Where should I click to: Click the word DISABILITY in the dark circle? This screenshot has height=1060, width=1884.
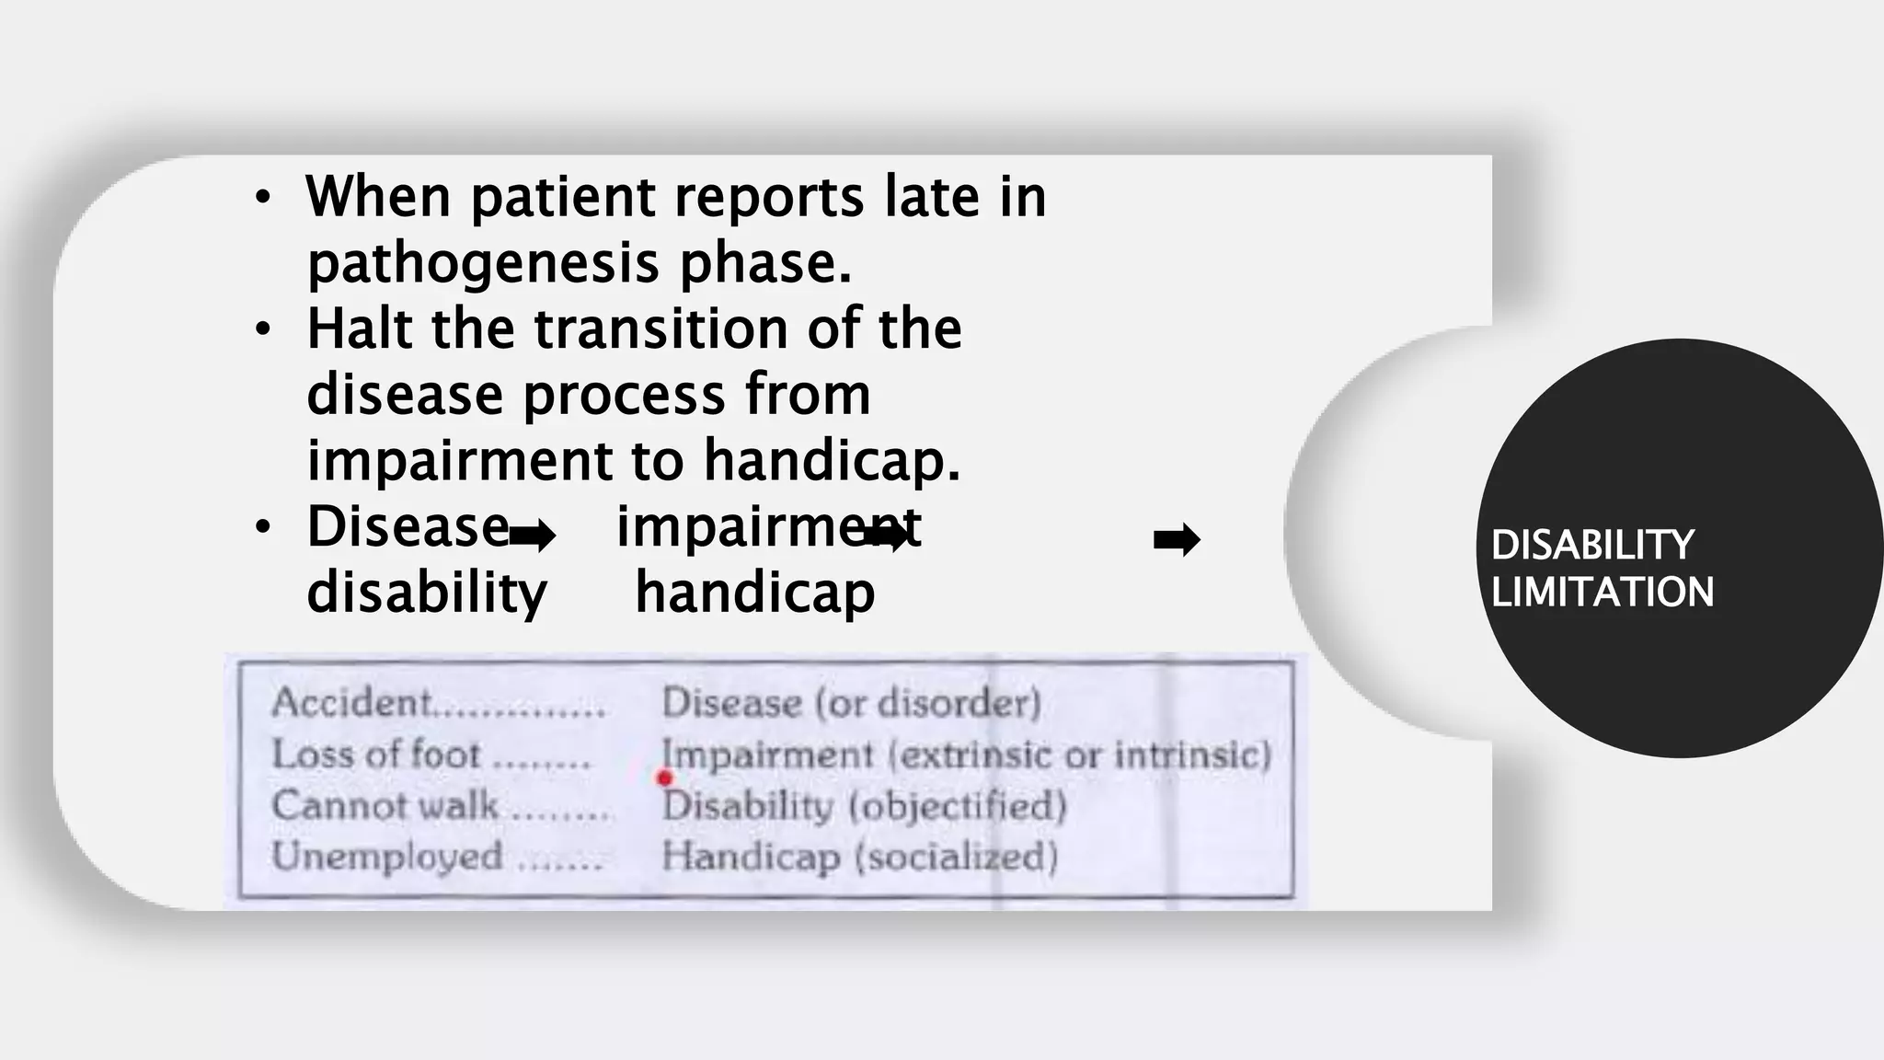(x=1592, y=545)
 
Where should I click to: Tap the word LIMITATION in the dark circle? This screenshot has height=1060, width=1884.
(x=1603, y=592)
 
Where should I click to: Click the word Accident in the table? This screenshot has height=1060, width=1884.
(x=351, y=703)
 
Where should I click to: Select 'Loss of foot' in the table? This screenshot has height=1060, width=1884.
(x=376, y=755)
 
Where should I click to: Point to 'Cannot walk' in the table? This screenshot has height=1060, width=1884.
(x=385, y=805)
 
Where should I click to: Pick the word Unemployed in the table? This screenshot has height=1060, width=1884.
(x=387, y=857)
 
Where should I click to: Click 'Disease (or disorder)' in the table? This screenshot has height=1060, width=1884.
(x=851, y=703)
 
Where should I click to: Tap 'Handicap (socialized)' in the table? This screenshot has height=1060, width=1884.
(x=859, y=857)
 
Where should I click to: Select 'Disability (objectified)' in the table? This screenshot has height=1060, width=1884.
(x=864, y=806)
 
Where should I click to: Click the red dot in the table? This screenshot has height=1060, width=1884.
(x=665, y=778)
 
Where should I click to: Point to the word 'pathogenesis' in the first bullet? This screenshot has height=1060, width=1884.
(x=483, y=263)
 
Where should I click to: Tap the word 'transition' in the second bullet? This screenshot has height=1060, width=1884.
(x=661, y=328)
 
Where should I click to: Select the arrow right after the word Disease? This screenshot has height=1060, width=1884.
(x=533, y=536)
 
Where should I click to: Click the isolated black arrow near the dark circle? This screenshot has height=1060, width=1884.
(x=1177, y=540)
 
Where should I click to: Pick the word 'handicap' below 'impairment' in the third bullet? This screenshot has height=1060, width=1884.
(x=754, y=593)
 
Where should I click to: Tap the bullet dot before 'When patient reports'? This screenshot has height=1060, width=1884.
(x=263, y=197)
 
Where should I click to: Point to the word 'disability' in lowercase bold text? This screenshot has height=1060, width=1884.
(x=427, y=593)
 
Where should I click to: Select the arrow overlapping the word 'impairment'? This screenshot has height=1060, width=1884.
(x=886, y=535)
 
